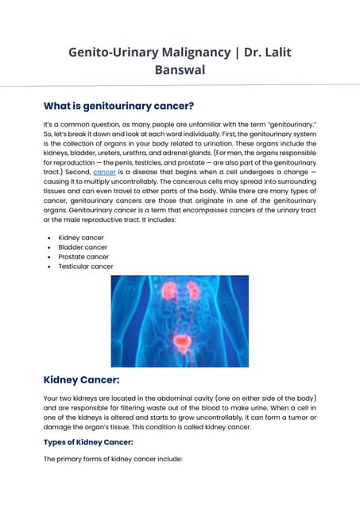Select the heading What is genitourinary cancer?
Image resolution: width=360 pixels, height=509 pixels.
tap(118, 106)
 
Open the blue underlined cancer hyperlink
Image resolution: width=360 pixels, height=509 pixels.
tap(104, 171)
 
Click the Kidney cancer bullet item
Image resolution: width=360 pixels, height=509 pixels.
tap(81, 238)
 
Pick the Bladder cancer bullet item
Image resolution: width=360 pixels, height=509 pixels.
tap(83, 247)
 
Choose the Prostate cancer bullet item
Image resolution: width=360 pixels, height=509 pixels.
tap(83, 257)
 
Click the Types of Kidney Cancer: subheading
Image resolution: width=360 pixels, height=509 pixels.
tap(88, 441)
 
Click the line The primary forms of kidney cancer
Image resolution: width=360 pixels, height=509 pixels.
tap(113, 460)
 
